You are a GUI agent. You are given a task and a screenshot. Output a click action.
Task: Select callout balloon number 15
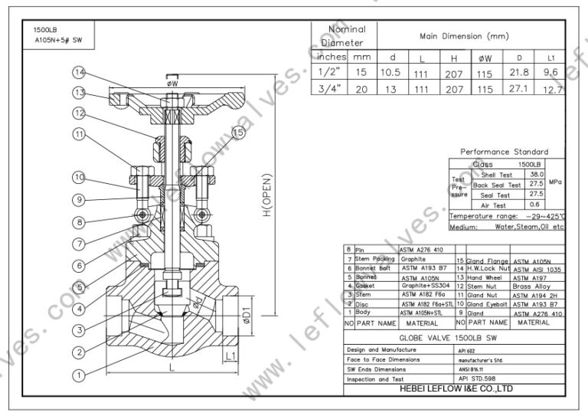238,133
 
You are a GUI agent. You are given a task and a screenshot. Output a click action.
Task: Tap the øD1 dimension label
247,315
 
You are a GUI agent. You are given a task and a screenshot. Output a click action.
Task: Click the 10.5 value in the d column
391,72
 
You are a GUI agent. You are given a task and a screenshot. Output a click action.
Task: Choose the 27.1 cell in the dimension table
519,89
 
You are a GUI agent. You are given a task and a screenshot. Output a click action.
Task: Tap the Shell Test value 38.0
536,175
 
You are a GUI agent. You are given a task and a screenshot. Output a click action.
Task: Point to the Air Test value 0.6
536,205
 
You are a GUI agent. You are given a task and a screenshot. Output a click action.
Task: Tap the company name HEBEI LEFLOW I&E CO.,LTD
455,388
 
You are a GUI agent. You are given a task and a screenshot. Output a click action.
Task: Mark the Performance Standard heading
504,152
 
